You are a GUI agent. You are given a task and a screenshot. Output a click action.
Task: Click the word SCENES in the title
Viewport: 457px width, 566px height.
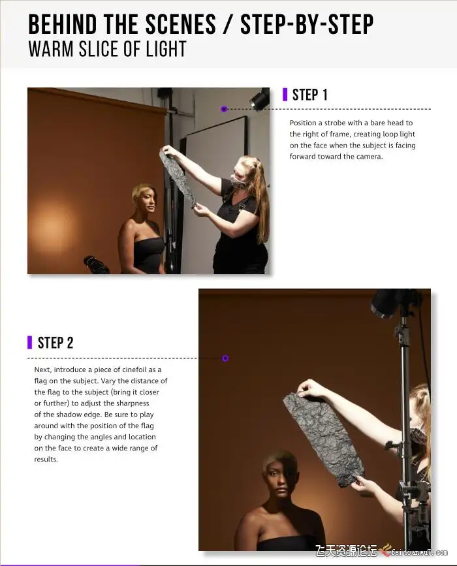click(x=180, y=25)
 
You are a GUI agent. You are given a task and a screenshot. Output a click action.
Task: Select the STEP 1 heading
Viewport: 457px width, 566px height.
click(x=309, y=95)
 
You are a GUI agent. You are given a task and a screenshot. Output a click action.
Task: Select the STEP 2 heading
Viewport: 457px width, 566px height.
click(x=55, y=343)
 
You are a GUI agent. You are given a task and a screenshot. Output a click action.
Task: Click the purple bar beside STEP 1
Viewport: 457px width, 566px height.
click(x=285, y=95)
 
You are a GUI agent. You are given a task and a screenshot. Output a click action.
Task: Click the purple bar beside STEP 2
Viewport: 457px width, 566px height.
click(x=29, y=343)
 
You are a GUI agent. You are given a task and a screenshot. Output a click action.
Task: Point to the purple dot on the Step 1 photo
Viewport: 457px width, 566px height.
click(x=224, y=108)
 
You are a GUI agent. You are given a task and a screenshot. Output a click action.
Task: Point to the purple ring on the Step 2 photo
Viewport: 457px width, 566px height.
click(x=225, y=358)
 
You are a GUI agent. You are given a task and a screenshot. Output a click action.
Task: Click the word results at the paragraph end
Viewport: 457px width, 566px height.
click(x=46, y=459)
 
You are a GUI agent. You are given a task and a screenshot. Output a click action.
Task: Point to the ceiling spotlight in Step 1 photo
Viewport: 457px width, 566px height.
click(x=259, y=98)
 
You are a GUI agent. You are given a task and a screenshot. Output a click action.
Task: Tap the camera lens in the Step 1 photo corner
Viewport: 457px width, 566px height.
click(x=96, y=265)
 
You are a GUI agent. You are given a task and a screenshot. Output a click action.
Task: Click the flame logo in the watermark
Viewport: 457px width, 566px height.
click(x=386, y=550)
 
